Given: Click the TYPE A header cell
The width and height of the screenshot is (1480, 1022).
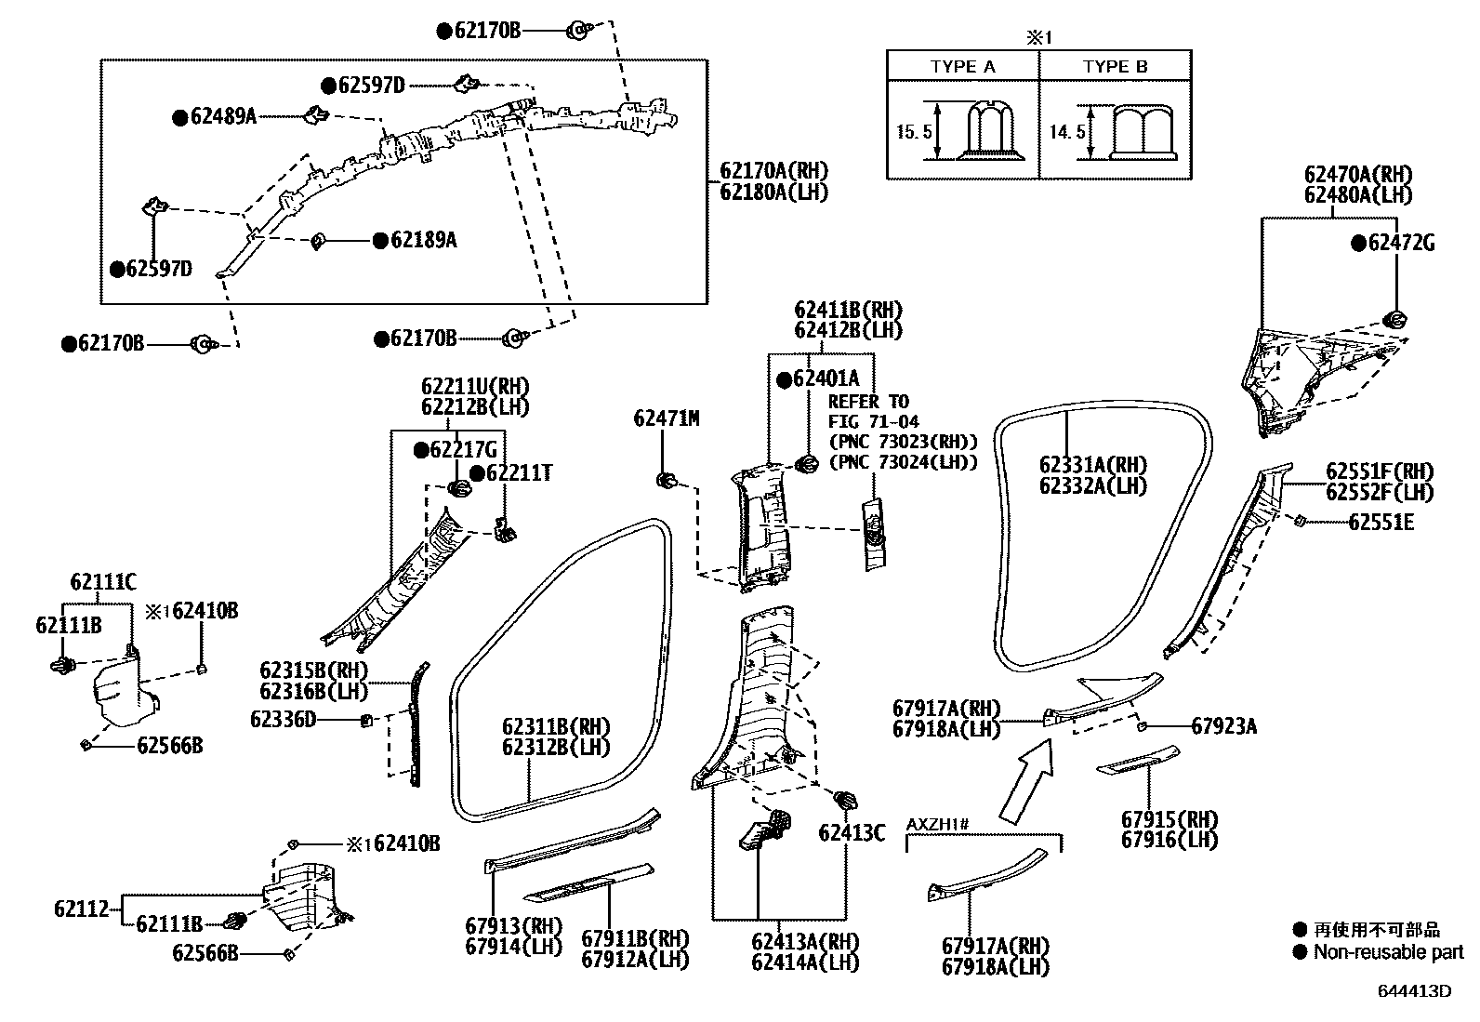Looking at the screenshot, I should pos(962,66).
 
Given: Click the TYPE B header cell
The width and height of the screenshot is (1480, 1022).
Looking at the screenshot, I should pos(1115,66).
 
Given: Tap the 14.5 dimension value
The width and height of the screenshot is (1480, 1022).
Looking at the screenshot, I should pos(1066,132).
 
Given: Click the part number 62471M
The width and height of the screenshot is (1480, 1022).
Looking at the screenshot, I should pos(666,418).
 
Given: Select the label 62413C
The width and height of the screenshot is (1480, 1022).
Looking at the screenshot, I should pos(852,833).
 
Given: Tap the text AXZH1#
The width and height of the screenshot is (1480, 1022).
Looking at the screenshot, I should pos(938,825).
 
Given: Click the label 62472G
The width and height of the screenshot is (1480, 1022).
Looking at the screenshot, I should pos(1401,244).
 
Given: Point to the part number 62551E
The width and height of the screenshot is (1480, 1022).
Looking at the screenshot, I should pos(1381,523).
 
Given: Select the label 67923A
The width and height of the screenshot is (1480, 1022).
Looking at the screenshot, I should pos(1223,726).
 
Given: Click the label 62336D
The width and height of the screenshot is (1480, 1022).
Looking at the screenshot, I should pos(283,719).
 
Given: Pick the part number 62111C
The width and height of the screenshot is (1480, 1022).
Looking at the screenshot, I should pos(103,583).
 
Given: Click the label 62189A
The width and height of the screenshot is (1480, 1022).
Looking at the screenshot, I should pos(423,240).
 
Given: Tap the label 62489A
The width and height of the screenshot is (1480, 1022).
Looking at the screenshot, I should pos(222,117).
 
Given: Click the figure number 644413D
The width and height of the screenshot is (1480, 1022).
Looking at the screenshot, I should pos(1414,990).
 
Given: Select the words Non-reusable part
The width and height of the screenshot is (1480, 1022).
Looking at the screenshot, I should pos(1388,952).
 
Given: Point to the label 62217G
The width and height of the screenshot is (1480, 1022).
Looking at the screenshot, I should pos(463,450).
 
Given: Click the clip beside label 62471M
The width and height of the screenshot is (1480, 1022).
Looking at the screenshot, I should pos(666,480).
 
